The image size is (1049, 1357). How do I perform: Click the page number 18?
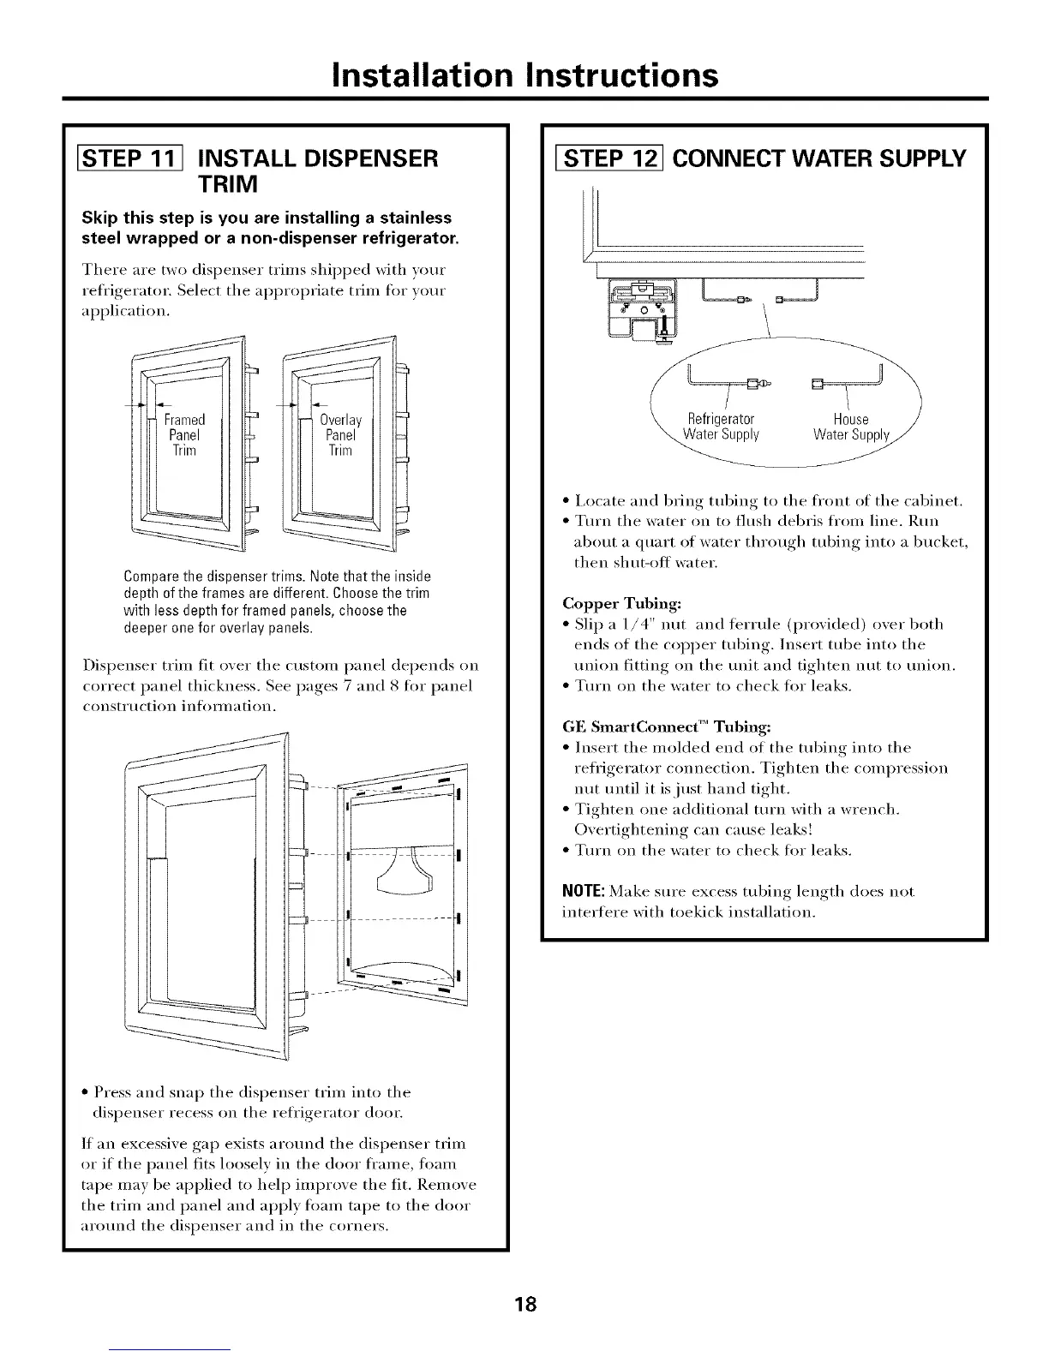[525, 1305]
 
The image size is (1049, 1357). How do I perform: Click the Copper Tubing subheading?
[622, 603]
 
